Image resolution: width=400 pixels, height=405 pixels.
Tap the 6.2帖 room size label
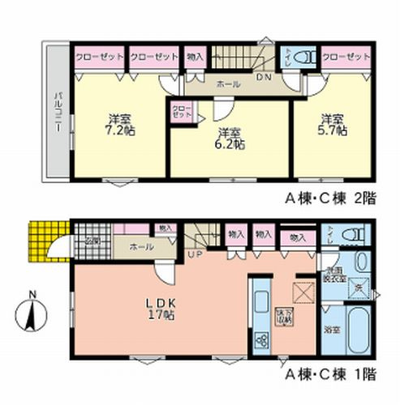tap(230, 139)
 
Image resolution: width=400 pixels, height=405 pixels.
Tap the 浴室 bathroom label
tap(333, 330)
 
